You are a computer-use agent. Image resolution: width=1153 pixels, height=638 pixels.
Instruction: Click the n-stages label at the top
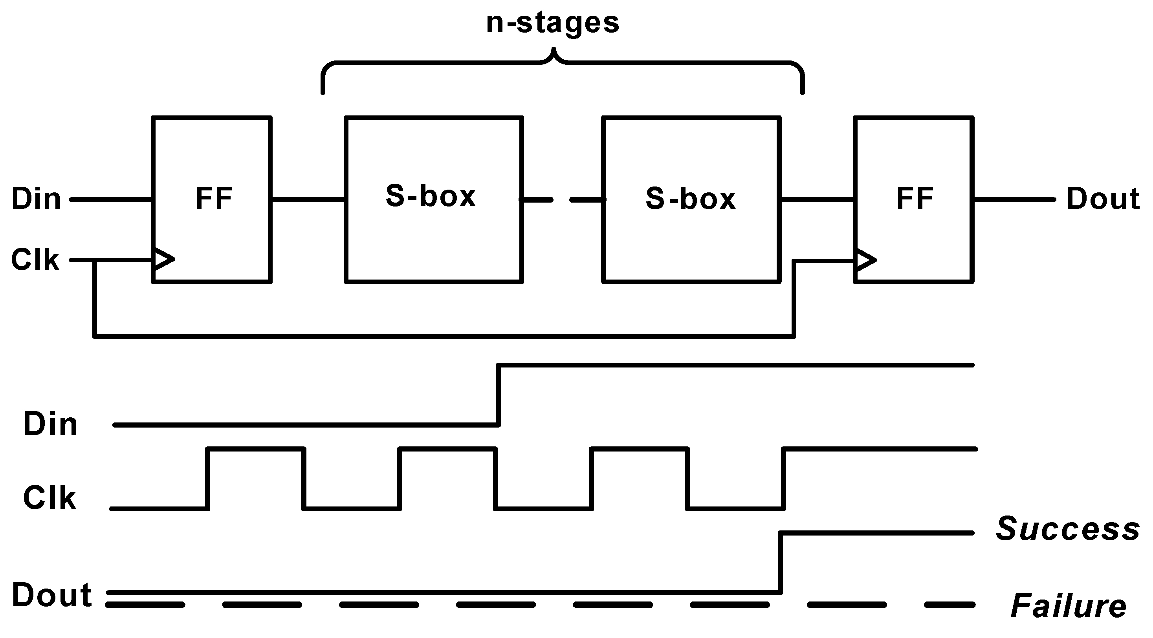[x=552, y=23]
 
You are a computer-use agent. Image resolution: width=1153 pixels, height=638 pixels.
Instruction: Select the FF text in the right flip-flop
[x=915, y=198]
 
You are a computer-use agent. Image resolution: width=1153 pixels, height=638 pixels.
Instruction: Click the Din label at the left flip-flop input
[x=36, y=199]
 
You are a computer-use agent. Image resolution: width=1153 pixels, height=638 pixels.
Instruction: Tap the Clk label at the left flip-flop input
[x=35, y=260]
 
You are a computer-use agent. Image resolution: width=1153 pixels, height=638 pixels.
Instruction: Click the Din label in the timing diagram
[x=50, y=424]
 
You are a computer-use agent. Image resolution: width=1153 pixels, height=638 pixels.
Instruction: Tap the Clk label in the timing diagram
[x=49, y=498]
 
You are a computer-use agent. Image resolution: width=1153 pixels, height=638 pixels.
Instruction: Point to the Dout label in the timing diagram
[x=52, y=596]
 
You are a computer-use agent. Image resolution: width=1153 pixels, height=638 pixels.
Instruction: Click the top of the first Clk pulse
[x=256, y=450]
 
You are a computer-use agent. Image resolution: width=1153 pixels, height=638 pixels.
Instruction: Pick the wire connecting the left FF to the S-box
[x=308, y=199]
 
